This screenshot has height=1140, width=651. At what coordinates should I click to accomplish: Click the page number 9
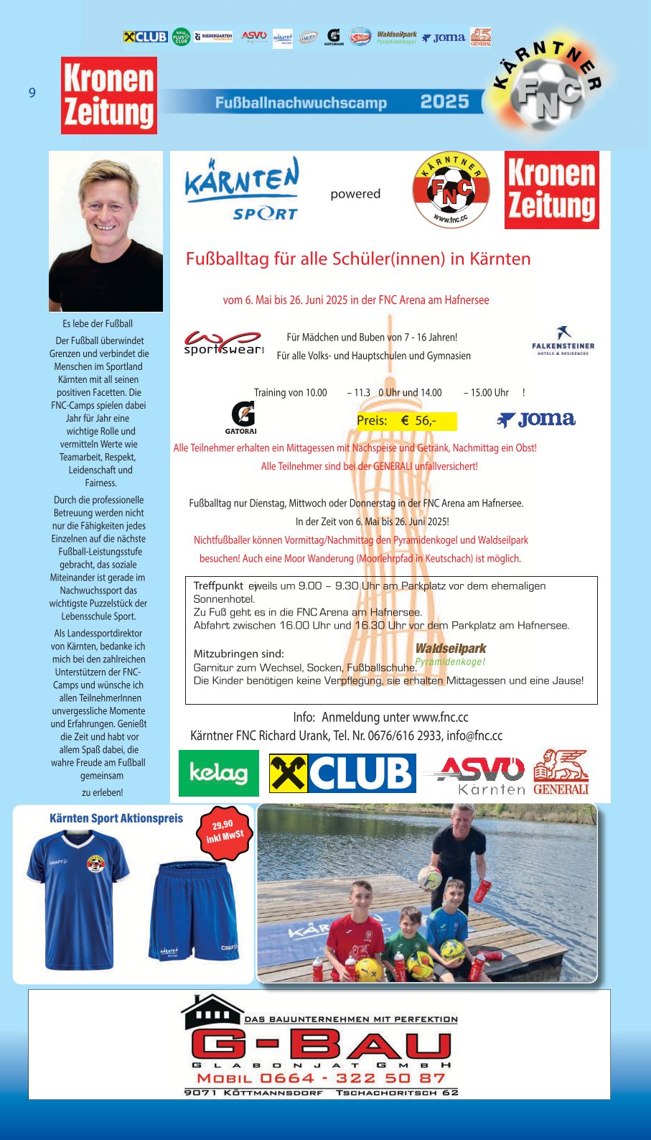32,93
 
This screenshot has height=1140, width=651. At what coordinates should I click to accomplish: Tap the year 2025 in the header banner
444,102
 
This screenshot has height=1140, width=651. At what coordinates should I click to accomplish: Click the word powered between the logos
355,194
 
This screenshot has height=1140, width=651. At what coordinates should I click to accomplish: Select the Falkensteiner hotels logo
563,341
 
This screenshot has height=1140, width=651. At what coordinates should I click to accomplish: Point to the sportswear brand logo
223,343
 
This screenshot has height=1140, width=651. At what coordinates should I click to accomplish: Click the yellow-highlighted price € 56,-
406,421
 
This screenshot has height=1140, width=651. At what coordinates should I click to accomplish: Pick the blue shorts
193,912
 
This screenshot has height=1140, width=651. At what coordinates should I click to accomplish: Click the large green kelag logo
218,773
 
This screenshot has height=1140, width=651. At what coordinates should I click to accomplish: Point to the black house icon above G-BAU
212,1013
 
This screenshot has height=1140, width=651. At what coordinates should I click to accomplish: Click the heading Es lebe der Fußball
98,324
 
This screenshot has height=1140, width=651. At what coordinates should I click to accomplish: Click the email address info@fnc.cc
474,736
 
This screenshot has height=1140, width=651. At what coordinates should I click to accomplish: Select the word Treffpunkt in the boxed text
218,586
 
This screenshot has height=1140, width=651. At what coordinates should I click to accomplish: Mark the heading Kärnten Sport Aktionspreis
116,818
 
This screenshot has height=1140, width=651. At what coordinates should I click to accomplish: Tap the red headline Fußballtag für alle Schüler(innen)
358,259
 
